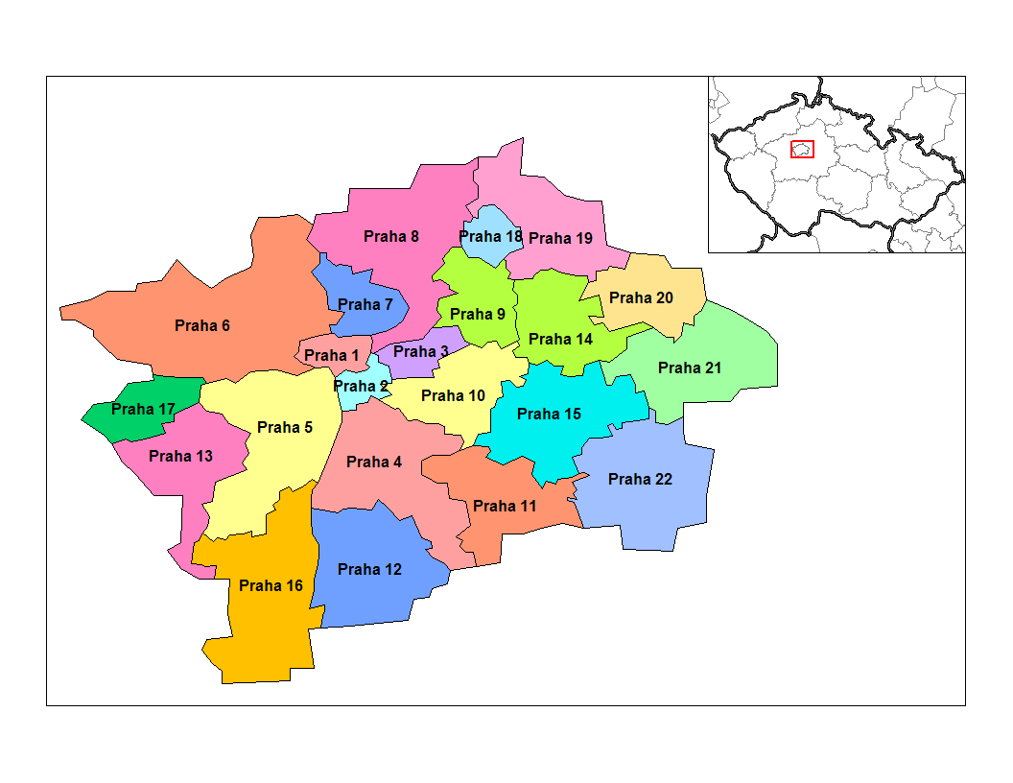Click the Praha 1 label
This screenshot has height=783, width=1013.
[332, 356]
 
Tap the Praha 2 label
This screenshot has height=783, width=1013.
[362, 387]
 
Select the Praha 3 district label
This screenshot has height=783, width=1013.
[420, 351]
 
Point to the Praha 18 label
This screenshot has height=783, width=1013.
[490, 236]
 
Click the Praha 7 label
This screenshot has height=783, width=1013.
[365, 305]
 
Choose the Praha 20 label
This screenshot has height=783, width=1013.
[641, 297]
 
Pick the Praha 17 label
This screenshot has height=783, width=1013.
[143, 410]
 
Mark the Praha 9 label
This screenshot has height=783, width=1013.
[477, 314]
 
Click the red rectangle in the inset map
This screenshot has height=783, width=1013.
[802, 149]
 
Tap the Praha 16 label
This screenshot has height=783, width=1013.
[271, 585]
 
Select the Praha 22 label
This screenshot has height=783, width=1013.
[640, 479]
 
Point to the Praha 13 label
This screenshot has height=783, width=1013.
[180, 456]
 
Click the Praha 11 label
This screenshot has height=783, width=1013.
[506, 506]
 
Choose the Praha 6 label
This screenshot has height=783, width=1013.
[202, 325]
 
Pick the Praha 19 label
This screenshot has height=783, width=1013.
[560, 238]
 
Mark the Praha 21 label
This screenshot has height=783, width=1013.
[690, 368]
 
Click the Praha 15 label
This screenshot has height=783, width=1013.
[549, 415]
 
